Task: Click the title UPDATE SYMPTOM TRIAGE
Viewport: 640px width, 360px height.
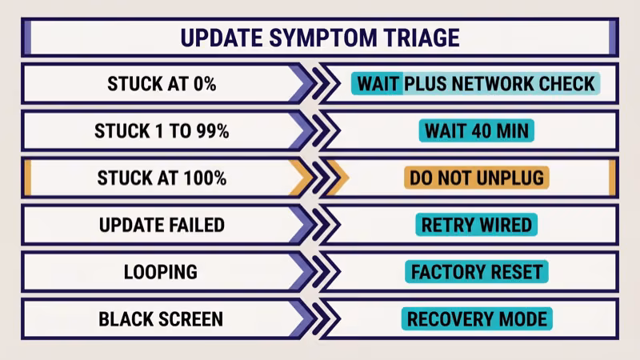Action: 319,38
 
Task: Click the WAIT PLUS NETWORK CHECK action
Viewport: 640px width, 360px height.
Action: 476,84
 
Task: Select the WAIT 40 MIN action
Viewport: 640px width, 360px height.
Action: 476,131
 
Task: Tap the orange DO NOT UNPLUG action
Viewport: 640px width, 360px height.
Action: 476,178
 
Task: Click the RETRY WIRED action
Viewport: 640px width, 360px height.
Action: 476,225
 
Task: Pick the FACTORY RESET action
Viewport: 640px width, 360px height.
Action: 476,272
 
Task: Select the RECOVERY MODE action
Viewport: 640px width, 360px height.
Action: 476,318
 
